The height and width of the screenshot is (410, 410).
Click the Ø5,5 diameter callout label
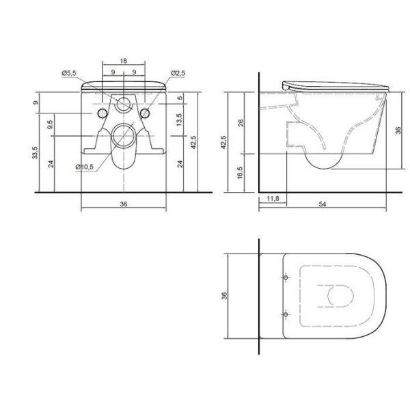coord(69,73)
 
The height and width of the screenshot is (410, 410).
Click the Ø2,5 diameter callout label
coord(178,73)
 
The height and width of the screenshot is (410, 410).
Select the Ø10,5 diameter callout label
coord(85,167)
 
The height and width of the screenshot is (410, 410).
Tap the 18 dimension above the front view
coord(124,61)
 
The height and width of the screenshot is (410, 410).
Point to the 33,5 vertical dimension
coord(35,152)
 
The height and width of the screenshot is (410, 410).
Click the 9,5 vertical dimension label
coord(51,124)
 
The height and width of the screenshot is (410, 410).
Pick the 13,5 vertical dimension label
coord(179,120)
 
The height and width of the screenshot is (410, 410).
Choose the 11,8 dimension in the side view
coord(273,198)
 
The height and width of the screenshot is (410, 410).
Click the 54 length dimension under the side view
coord(323,204)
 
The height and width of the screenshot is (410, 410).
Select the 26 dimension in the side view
coord(241,122)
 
